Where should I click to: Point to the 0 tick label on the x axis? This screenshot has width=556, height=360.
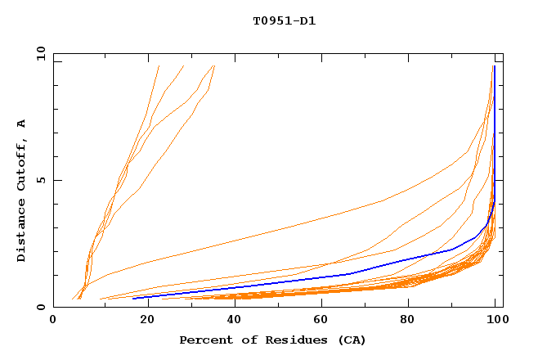point(53,321)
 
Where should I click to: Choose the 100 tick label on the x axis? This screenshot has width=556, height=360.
point(495,321)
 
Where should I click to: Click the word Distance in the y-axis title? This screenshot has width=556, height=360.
point(21,233)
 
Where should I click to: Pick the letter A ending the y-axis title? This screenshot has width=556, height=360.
point(21,123)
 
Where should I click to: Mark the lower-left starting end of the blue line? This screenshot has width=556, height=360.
point(133,298)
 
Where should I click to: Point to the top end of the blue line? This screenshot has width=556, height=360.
point(494,66)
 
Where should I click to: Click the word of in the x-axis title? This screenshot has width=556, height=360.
point(240,340)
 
